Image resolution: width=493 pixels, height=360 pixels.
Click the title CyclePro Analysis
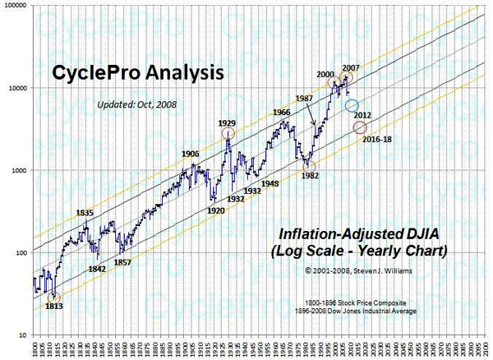click(x=139, y=72)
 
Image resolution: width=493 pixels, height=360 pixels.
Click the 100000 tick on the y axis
click(x=16, y=5)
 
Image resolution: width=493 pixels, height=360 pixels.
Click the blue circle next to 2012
click(x=352, y=106)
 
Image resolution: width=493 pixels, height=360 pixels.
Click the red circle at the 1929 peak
click(x=228, y=133)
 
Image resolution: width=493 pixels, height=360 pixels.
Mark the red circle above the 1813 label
click(x=54, y=297)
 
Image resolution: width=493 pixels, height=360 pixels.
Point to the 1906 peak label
click(x=190, y=154)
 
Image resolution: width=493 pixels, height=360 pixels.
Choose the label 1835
click(x=85, y=213)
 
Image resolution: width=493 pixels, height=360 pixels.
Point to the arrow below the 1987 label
click(x=313, y=117)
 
